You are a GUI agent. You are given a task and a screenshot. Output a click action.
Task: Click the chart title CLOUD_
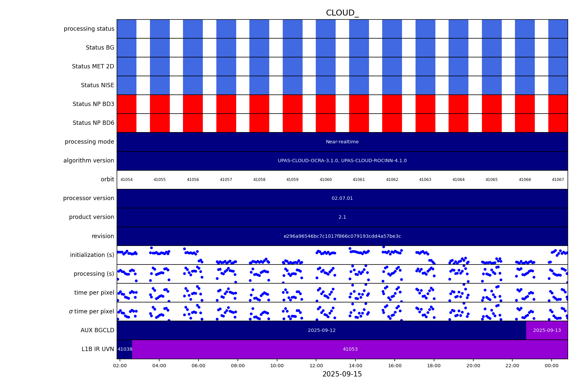tap(342, 13)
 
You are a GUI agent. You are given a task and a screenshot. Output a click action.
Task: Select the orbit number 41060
tap(326, 180)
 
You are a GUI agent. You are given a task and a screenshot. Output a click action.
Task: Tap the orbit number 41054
tap(127, 180)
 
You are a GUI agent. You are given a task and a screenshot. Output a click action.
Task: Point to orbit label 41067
tap(558, 180)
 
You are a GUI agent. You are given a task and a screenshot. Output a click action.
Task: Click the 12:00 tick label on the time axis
tap(316, 366)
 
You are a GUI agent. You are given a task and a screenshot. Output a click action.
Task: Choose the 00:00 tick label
tap(552, 366)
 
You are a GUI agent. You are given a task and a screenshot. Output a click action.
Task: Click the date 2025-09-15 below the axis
tap(342, 374)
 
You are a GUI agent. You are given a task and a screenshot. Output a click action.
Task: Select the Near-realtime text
tap(342, 142)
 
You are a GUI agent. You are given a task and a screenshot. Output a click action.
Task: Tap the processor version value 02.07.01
tap(342, 198)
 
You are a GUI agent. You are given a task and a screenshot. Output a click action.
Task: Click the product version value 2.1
tap(342, 217)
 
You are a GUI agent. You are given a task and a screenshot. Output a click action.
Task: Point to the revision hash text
tap(342, 236)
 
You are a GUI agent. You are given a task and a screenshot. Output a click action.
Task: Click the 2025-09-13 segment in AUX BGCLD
tap(547, 331)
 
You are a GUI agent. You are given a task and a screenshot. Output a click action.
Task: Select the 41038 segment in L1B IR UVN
tap(125, 349)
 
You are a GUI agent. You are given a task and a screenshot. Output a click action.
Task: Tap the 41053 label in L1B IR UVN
tap(350, 349)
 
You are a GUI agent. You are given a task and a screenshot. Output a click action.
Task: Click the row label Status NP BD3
tap(93, 104)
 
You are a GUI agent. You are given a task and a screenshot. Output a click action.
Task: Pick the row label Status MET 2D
tap(93, 67)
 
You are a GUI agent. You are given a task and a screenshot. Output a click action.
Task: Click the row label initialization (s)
tap(92, 255)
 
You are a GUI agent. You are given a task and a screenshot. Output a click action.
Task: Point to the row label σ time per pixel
tap(91, 311)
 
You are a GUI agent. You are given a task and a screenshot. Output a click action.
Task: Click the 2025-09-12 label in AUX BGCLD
tap(322, 331)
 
